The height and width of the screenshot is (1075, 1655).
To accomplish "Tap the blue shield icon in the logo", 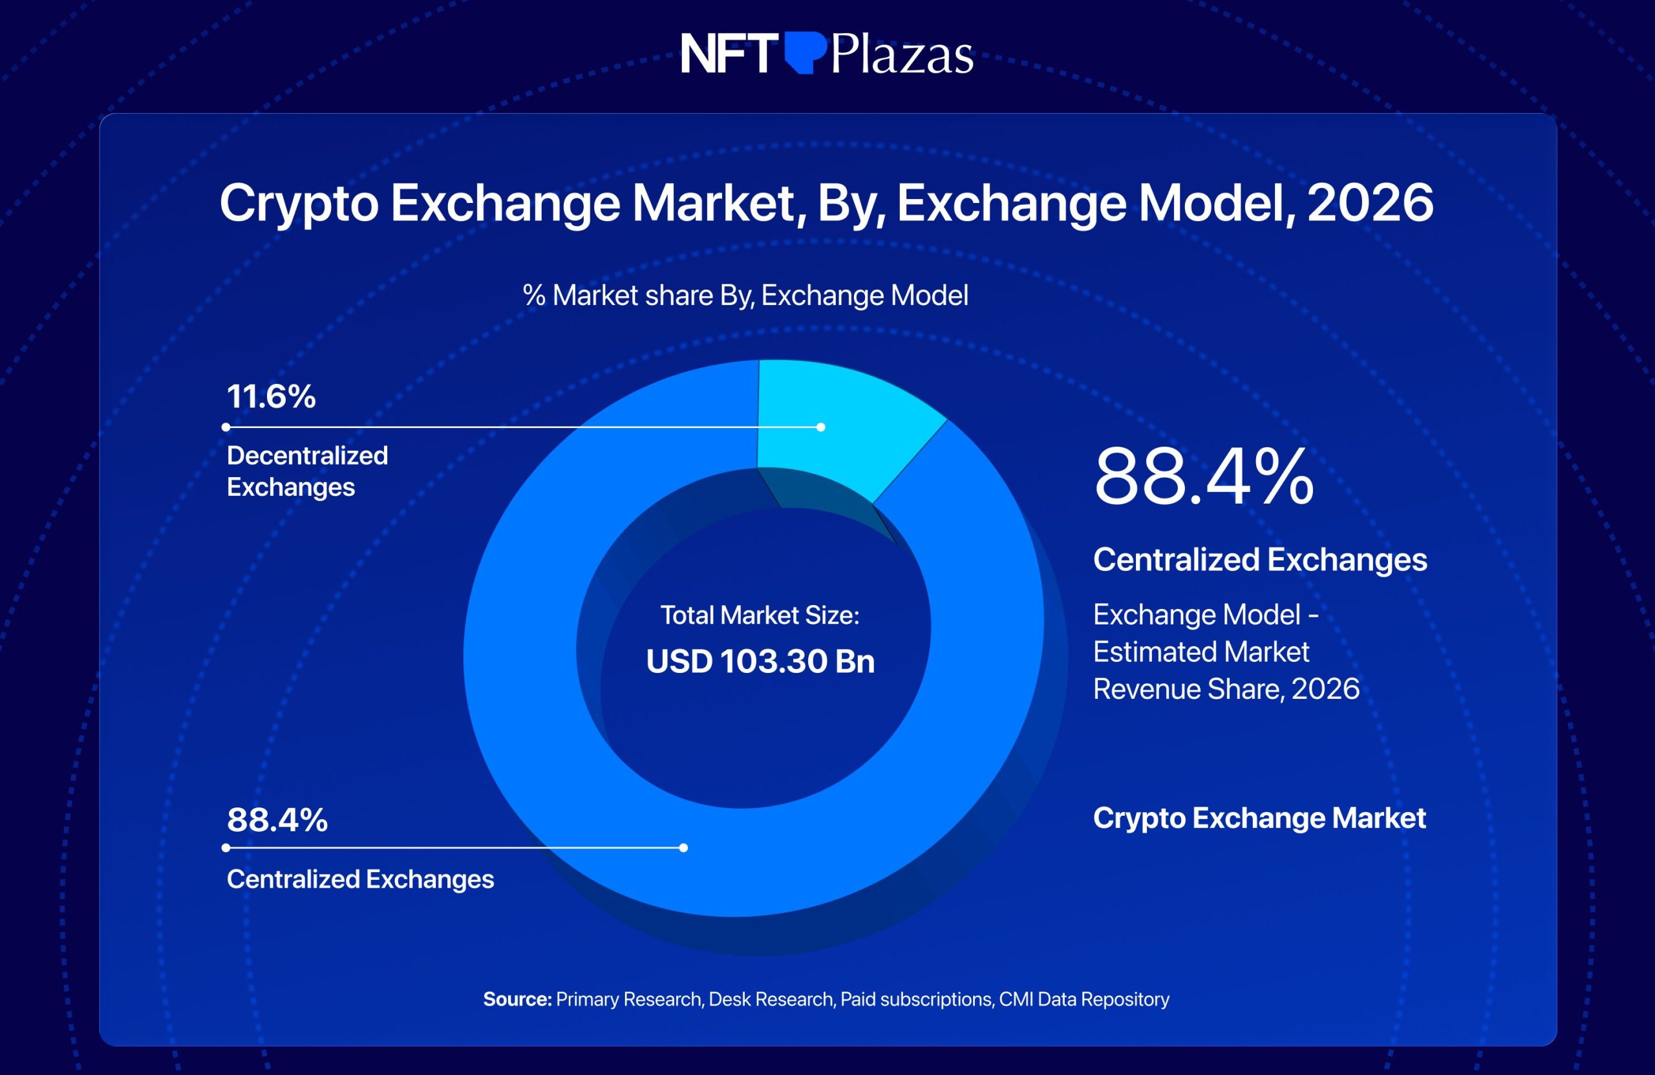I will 806,53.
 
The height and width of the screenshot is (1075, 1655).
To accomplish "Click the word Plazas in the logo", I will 902,54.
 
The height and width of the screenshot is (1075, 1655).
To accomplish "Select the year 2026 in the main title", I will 1369,203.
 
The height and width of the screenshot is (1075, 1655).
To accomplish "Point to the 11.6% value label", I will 271,396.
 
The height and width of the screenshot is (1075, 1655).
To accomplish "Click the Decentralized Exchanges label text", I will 306,471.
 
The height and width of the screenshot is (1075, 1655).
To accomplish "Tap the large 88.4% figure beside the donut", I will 1203,477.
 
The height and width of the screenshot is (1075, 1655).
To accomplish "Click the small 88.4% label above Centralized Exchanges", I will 277,820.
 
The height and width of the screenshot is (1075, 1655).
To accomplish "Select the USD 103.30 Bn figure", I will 760,661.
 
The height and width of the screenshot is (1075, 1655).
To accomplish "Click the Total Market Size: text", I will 760,615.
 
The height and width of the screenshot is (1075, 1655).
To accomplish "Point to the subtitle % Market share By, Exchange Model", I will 745,295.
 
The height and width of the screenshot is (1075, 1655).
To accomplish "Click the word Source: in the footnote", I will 517,999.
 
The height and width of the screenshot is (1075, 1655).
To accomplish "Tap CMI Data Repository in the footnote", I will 1084,999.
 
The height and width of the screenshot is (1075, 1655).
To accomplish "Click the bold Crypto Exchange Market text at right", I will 1259,818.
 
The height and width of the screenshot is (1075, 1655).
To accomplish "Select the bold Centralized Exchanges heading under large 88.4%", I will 1260,560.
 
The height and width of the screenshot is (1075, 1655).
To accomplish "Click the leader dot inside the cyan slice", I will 820,427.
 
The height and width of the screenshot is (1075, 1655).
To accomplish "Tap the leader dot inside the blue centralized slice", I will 683,847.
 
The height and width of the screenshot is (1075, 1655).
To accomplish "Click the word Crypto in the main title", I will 299,203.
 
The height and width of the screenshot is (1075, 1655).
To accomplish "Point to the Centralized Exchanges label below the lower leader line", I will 360,880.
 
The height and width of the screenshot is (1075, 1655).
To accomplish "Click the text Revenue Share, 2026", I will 1226,689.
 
